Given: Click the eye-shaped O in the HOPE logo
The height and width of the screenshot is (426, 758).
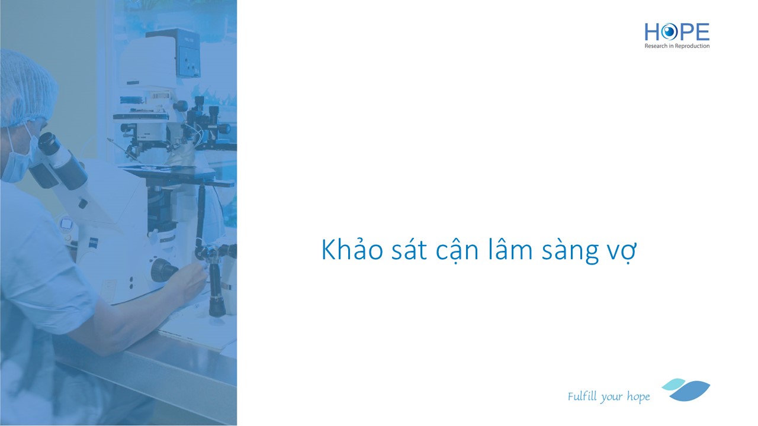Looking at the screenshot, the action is pyautogui.click(x=669, y=32).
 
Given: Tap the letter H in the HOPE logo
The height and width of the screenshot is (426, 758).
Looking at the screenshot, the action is pyautogui.click(x=652, y=32).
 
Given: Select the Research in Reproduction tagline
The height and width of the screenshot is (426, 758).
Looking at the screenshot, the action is pyautogui.click(x=677, y=46).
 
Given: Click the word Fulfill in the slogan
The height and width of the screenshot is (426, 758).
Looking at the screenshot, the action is pyautogui.click(x=582, y=396).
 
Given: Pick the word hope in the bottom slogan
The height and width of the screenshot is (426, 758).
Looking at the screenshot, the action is pyautogui.click(x=638, y=397).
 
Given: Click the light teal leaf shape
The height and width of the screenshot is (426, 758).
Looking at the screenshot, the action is pyautogui.click(x=673, y=384).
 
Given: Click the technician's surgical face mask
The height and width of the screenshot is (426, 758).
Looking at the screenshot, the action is pyautogui.click(x=18, y=159).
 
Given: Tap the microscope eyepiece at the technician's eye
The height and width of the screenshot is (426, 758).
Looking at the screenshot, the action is pyautogui.click(x=47, y=143).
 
